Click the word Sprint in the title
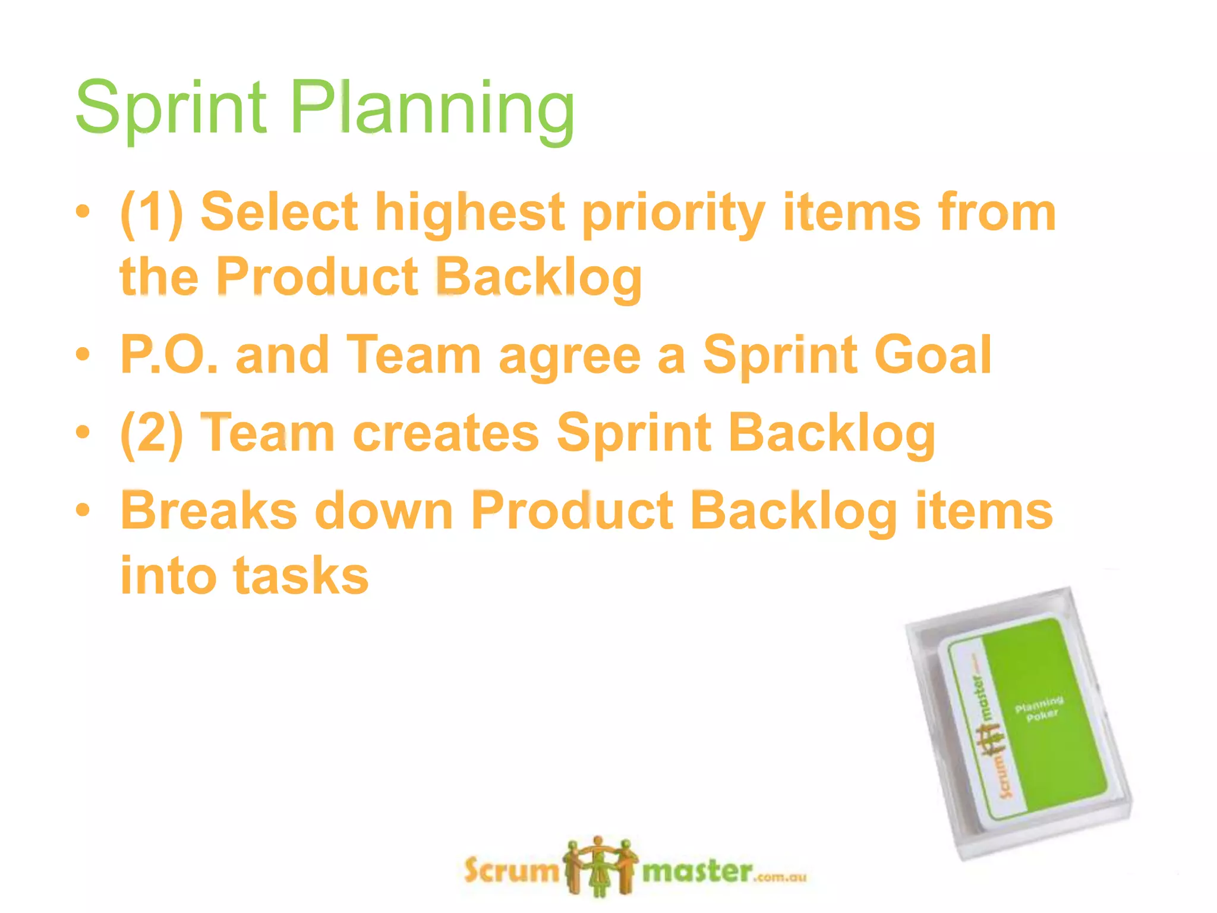(x=171, y=108)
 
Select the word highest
(x=469, y=213)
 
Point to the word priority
(x=673, y=214)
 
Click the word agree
(x=570, y=357)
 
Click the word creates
(x=446, y=433)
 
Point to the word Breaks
(x=209, y=511)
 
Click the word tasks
(x=301, y=575)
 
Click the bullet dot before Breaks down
(x=83, y=510)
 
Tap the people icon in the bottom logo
(x=600, y=867)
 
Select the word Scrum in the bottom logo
(x=512, y=871)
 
